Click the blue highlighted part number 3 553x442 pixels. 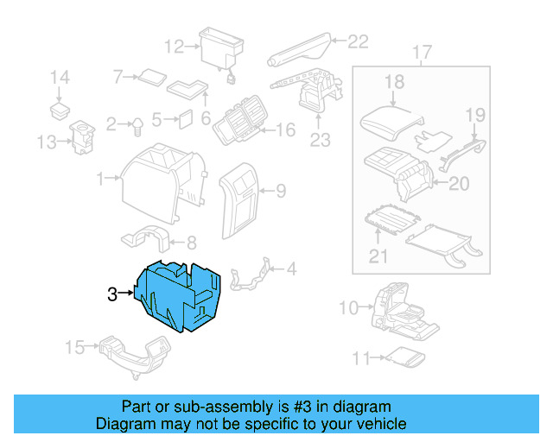coord(182,294)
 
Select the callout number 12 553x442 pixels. coord(175,46)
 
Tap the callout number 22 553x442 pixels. coord(358,40)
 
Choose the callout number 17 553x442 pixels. coord(421,55)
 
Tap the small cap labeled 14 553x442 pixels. coord(60,110)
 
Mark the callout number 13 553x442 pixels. coord(46,142)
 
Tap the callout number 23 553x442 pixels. coord(320,140)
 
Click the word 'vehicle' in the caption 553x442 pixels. coord(378,424)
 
